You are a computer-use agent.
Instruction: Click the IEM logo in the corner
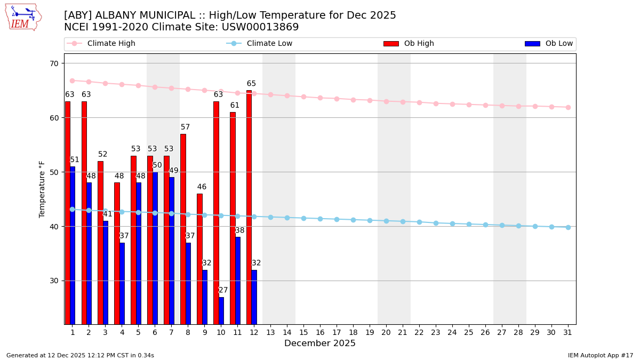[23, 17]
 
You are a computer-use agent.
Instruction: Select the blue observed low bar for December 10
[221, 310]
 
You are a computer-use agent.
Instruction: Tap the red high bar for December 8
[183, 229]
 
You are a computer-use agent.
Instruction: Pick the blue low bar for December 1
[73, 245]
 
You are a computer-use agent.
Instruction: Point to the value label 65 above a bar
[251, 84]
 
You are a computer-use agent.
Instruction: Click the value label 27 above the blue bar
[223, 290]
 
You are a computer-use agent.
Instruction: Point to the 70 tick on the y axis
[54, 63]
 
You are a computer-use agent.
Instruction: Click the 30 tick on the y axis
[54, 281]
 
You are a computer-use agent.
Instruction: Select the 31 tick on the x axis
[568, 332]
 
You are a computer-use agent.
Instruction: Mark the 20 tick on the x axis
[386, 332]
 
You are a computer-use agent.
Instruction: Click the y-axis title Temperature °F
[43, 189]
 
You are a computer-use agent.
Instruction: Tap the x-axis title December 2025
[320, 343]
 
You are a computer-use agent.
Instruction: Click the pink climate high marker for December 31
[568, 107]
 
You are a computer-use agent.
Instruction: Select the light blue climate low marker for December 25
[469, 224]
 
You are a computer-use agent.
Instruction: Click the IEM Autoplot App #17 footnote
[600, 355]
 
